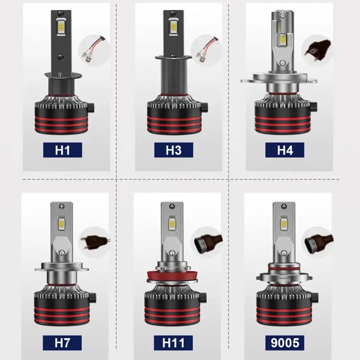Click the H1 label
(62, 150)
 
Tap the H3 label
(173, 150)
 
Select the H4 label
(285, 150)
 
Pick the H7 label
(62, 343)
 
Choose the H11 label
(173, 343)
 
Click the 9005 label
(285, 343)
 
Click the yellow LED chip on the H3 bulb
(173, 27)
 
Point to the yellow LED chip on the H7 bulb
(62, 222)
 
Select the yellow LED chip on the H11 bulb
(172, 222)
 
